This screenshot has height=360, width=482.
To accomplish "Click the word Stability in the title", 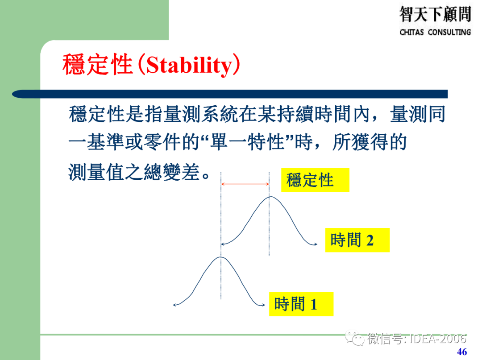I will pyautogui.click(x=189, y=66).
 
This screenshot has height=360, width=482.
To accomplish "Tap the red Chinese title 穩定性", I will pyautogui.click(x=97, y=66).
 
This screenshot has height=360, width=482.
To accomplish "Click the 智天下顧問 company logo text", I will pyautogui.click(x=435, y=14).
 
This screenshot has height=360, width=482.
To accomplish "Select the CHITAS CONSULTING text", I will pyautogui.click(x=435, y=32).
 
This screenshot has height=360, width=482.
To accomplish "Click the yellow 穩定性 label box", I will pyautogui.click(x=315, y=180).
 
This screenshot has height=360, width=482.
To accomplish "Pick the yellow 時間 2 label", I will pyautogui.click(x=357, y=240).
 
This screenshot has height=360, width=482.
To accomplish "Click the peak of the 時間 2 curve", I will pyautogui.click(x=269, y=197).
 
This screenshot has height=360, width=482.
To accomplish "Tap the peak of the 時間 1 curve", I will pyautogui.click(x=220, y=257).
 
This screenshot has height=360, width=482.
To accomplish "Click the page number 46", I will pyautogui.click(x=462, y=352).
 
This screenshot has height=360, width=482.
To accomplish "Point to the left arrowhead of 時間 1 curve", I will pyautogui.click(x=175, y=305).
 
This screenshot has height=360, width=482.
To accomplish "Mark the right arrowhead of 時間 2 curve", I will pyautogui.click(x=316, y=244).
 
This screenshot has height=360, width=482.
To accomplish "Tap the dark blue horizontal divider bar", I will pyautogui.click(x=230, y=94).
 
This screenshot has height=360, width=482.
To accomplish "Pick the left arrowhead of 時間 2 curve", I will pyautogui.click(x=223, y=244).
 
